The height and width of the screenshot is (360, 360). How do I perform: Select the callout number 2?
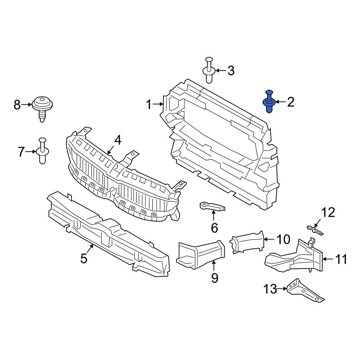[x=291, y=102]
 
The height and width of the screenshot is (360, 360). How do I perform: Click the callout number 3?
[x=230, y=71]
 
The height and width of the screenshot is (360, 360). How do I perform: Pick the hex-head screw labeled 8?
[x=43, y=107]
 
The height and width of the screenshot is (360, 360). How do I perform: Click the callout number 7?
[x=22, y=152]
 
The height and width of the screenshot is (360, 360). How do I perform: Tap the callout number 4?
[x=118, y=140]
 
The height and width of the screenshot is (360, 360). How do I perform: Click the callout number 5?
[x=84, y=258]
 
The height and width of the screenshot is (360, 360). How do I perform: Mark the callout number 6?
[x=214, y=228]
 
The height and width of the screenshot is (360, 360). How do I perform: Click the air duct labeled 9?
[x=200, y=255]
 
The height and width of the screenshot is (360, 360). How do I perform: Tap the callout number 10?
[x=283, y=239]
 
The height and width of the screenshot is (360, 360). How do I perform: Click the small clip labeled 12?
[x=315, y=230]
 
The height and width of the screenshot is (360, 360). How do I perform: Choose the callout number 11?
[x=341, y=259]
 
